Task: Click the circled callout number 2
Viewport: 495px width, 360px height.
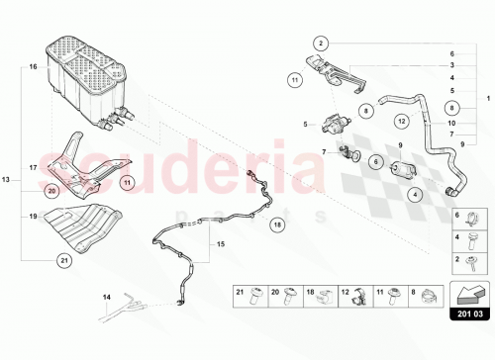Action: [x=322, y=43]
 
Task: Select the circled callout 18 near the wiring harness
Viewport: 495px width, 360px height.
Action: [x=276, y=225]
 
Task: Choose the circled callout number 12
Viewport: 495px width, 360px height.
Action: [x=401, y=122]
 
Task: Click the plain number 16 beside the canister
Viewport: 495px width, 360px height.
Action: [x=33, y=66]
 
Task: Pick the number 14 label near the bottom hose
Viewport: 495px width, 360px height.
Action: [x=108, y=297]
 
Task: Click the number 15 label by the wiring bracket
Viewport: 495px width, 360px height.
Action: [x=221, y=244]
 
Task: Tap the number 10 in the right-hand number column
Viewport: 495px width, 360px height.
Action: [x=451, y=122]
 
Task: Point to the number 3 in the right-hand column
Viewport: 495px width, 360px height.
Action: [x=451, y=64]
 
